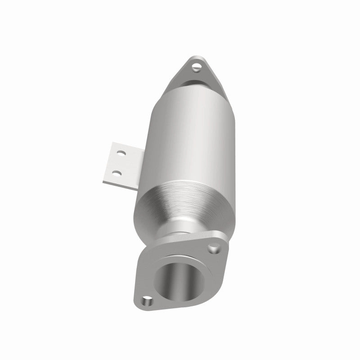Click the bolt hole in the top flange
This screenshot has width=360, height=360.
coord(197,68)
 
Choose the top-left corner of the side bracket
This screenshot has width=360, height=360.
coord(111,144)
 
